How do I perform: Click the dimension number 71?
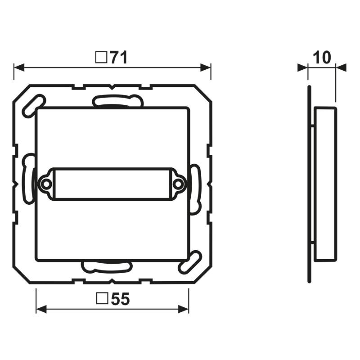coord(119,58)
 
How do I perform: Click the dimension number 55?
coord(120,299)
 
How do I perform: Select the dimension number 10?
coord(322,58)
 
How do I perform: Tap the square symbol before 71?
coord(101,58)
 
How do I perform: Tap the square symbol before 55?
coord(102,298)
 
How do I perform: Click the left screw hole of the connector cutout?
coord(46,184)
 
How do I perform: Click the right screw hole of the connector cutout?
coord(178,184)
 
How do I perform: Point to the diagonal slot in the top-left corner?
coord(33,106)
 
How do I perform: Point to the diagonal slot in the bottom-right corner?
coord(190,262)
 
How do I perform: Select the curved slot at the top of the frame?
coord(117,100)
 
